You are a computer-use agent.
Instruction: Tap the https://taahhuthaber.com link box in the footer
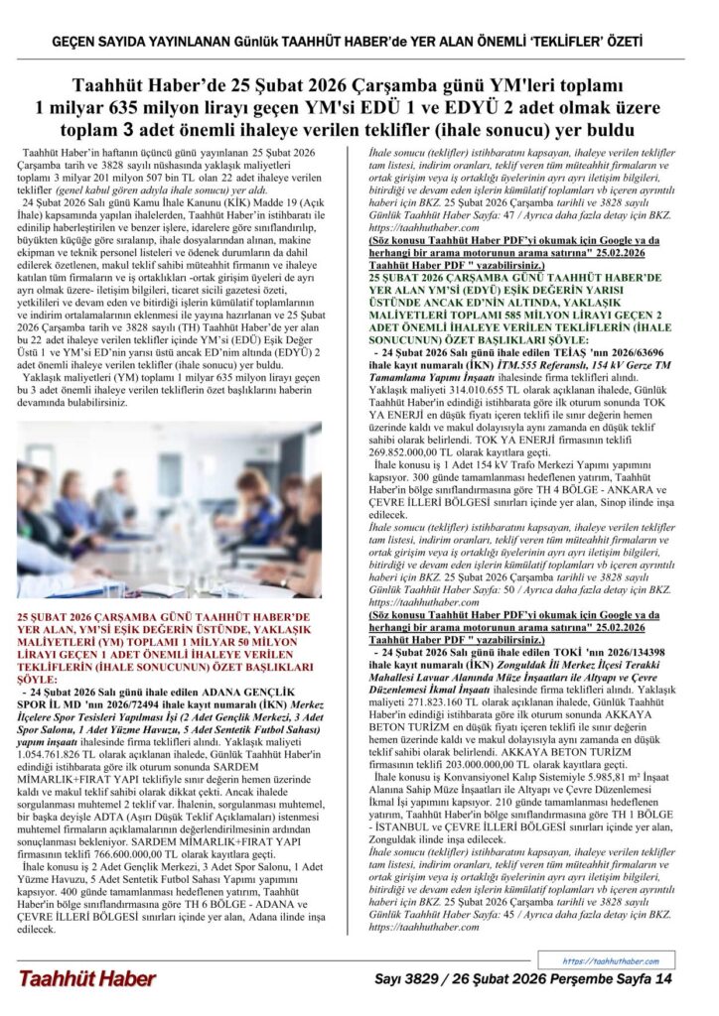tap(611, 961)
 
